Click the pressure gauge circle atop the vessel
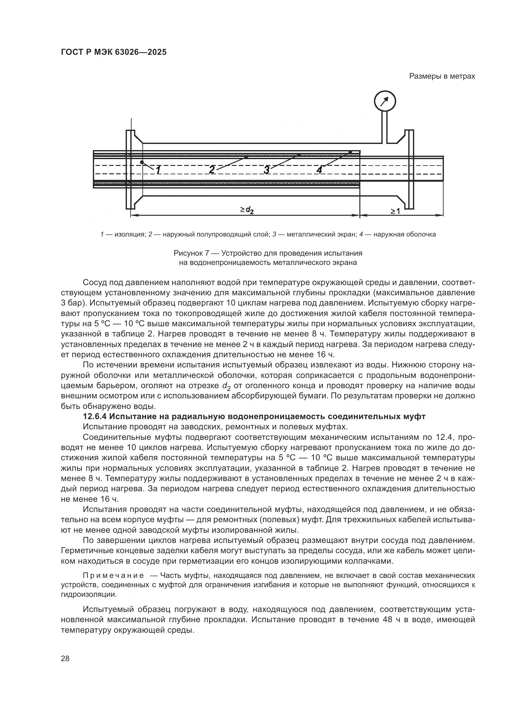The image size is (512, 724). (385, 102)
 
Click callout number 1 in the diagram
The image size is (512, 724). (158, 170)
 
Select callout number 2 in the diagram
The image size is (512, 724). (212, 170)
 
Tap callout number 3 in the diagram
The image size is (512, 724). (267, 170)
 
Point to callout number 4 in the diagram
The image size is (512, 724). (319, 170)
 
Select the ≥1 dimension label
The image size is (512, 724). (395, 211)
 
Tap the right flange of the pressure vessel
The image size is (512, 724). (409, 169)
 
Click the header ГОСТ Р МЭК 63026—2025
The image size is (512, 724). (114, 52)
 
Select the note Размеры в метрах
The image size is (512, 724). (442, 76)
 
